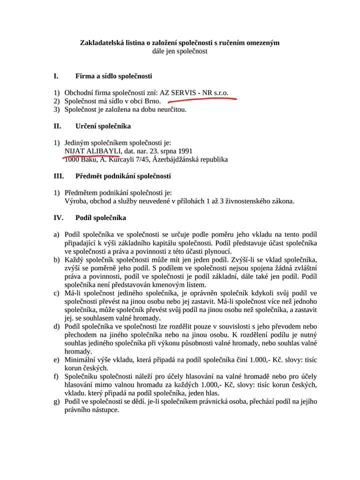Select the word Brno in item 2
(x=152, y=101)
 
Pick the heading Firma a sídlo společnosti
(x=113, y=76)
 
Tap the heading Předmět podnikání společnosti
(x=123, y=176)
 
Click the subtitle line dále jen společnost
(x=180, y=51)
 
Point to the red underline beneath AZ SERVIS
(x=195, y=99)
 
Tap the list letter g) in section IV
(x=57, y=401)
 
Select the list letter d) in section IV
(x=57, y=326)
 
